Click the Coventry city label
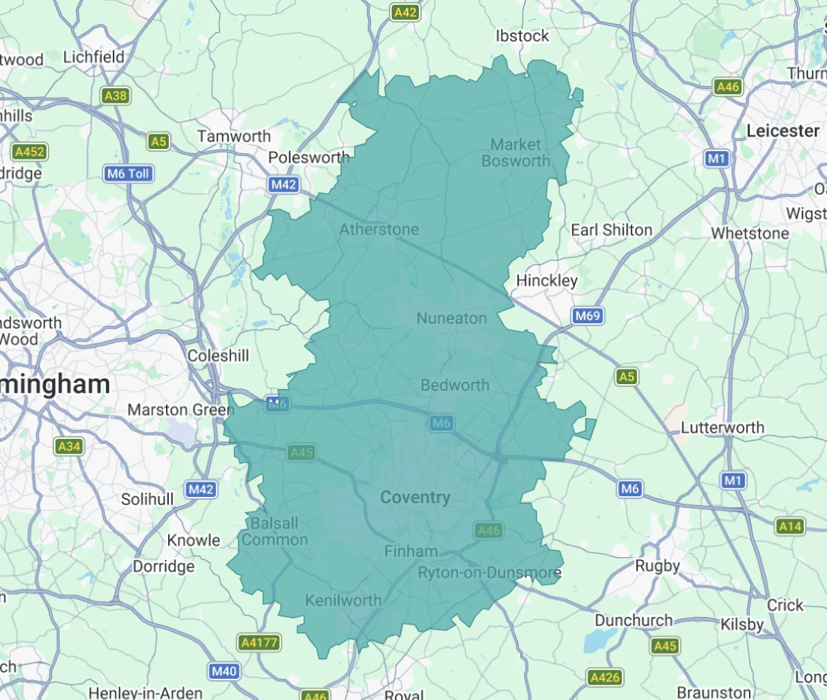(415, 498)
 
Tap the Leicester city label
(783, 131)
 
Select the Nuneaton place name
(451, 318)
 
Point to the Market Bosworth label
(515, 153)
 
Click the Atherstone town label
(379, 229)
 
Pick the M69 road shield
(587, 316)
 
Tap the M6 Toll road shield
(128, 174)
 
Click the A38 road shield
(116, 96)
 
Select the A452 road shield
(29, 152)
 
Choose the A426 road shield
(605, 677)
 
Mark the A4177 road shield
(260, 643)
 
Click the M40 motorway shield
(224, 671)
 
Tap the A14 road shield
(790, 526)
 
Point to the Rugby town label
(657, 566)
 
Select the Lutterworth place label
(722, 428)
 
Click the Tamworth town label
(234, 136)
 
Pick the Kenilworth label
(343, 600)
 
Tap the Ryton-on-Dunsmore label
(489, 573)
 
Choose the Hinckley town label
(547, 280)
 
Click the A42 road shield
(405, 12)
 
